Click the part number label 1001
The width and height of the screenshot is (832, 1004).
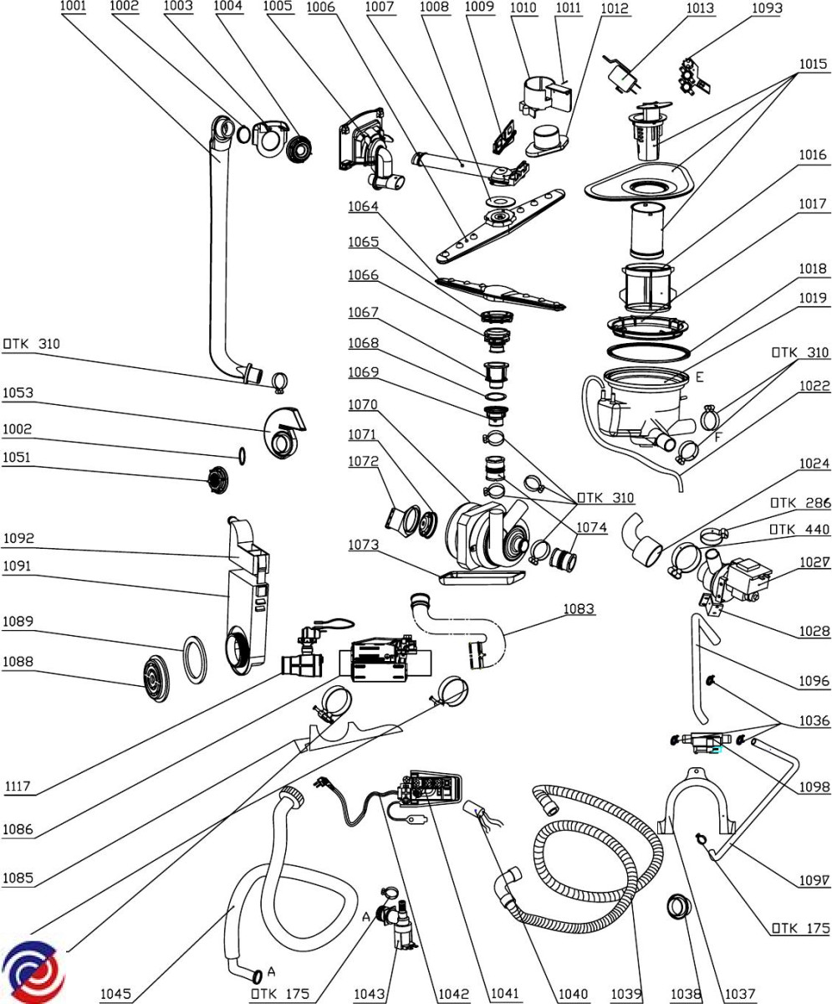pyautogui.click(x=74, y=8)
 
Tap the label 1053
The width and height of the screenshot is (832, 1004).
pyautogui.click(x=18, y=392)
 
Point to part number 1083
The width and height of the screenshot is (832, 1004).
pyautogui.click(x=579, y=608)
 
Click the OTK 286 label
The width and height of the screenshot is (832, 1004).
pyautogui.click(x=799, y=503)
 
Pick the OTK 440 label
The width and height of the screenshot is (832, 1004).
pyautogui.click(x=799, y=529)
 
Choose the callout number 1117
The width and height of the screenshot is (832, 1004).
pyautogui.click(x=18, y=786)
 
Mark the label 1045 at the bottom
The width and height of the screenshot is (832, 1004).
pyautogui.click(x=115, y=994)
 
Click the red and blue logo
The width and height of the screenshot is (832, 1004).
pyautogui.click(x=33, y=971)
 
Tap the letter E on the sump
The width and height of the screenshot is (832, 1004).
pyautogui.click(x=699, y=377)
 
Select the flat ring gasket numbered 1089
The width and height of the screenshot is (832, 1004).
pyautogui.click(x=196, y=658)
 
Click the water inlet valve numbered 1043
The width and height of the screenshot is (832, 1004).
pyautogui.click(x=402, y=925)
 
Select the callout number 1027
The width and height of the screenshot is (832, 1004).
pyautogui.click(x=814, y=562)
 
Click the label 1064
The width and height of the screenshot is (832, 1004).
pyautogui.click(x=364, y=207)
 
